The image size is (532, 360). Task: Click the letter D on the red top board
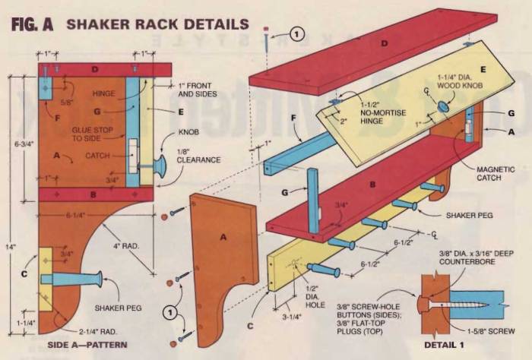[384, 43]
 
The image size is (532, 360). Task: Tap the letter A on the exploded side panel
[223, 238]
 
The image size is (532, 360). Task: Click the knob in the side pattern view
[161, 165]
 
